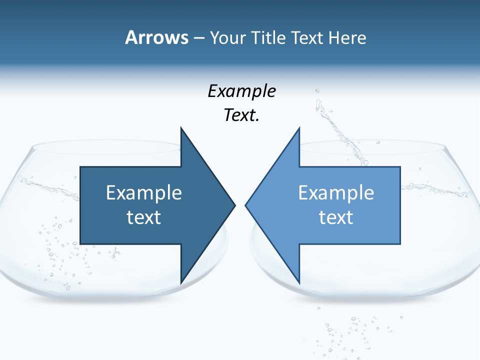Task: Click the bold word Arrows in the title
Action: [156, 37]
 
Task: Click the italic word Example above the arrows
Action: [242, 91]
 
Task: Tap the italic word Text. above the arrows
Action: [242, 115]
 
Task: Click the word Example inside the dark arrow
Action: [144, 193]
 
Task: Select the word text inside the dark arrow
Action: [144, 217]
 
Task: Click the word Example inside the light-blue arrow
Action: [336, 193]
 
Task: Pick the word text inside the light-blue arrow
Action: [336, 217]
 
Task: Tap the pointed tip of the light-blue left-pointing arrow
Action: [246, 204]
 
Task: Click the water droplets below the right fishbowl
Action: [350, 330]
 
